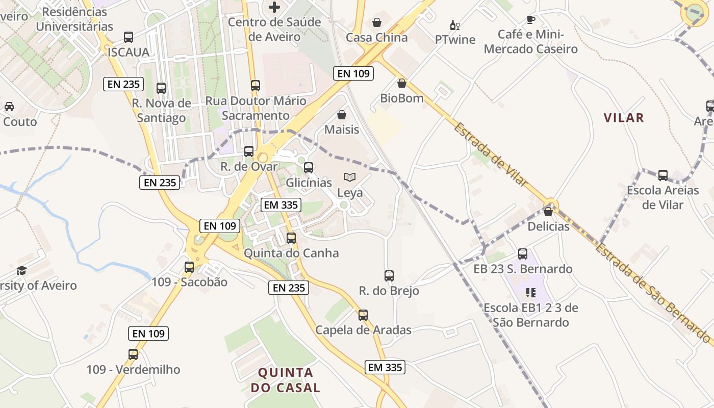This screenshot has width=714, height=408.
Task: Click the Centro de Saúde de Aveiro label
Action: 274,29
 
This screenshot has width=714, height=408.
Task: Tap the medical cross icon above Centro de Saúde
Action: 274,7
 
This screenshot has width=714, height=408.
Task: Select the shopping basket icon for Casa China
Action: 377,22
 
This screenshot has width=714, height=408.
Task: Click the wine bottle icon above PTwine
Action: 454,25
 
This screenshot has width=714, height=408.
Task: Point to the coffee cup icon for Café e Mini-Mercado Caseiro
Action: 531,20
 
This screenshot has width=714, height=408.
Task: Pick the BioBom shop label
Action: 402,98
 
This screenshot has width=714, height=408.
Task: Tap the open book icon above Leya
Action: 350,177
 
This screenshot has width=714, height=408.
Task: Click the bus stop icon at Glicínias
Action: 309,168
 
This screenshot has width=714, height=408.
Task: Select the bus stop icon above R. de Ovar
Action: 249,151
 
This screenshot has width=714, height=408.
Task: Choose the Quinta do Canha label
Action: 291,253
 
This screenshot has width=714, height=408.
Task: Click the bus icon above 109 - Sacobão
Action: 189,267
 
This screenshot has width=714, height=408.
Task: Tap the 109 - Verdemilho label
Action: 133,369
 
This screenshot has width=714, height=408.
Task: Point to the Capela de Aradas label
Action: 363,330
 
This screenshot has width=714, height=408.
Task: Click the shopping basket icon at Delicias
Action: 548,212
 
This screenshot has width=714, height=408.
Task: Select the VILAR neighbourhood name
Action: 624,118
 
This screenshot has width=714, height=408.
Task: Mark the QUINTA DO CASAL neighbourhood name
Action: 286,380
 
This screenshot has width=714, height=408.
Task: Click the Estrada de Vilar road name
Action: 490,154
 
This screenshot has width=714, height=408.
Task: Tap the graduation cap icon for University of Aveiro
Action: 21,270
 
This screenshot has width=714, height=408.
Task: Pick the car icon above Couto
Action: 9,107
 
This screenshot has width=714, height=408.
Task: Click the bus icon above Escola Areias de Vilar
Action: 663,175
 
